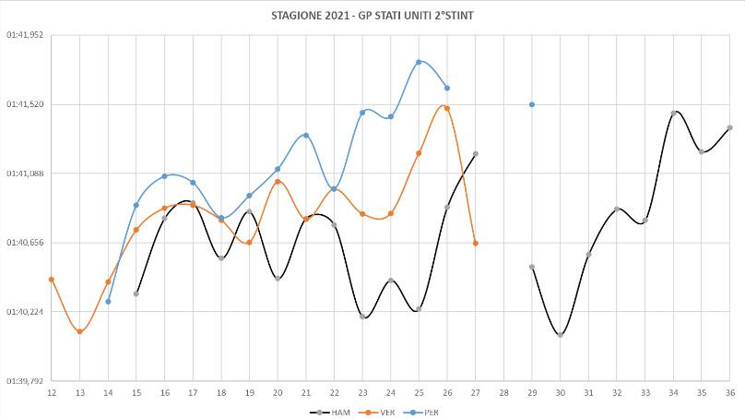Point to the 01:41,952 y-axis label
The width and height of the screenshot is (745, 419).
point(25,35)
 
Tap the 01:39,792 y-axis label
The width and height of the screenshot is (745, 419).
point(25,381)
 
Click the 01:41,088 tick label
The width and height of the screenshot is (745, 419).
point(25,174)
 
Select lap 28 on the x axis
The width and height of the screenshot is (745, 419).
point(503,392)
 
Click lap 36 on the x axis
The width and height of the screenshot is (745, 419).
point(729,392)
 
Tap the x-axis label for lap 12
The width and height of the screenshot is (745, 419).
point(52,392)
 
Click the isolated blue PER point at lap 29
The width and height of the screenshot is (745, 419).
point(532,104)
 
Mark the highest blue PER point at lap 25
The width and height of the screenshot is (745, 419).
point(419,62)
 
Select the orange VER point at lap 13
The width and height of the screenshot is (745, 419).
point(80,331)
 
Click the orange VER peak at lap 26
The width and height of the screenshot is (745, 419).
point(447,108)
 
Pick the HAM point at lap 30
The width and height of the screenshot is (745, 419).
point(561,335)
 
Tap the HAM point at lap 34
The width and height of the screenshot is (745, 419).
point(674,113)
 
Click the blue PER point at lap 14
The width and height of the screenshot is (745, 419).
point(109,301)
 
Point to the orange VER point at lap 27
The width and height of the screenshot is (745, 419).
point(476,243)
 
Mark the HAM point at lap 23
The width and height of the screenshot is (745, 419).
point(362,317)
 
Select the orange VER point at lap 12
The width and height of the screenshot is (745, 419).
point(52,279)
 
